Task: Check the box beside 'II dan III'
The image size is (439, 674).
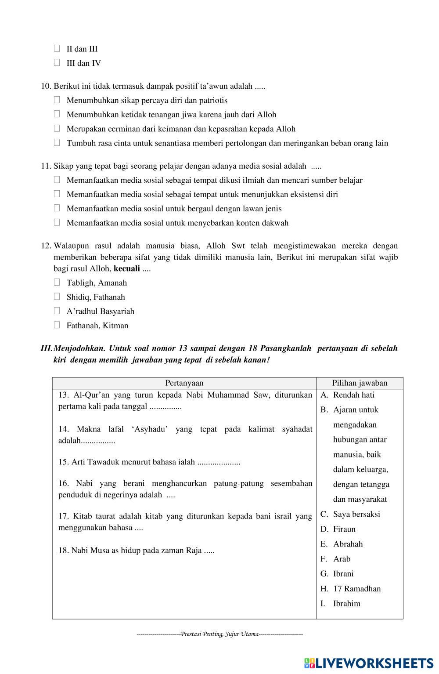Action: tap(57, 48)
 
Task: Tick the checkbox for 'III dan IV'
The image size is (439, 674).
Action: tap(57, 63)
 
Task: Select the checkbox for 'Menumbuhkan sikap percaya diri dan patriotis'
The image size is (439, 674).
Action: tap(57, 100)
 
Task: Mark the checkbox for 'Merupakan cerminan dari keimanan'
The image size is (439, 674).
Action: tap(57, 128)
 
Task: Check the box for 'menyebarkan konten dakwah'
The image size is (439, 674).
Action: tap(57, 222)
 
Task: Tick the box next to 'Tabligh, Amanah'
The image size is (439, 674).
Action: tap(57, 283)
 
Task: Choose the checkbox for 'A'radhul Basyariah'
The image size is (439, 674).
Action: tap(57, 311)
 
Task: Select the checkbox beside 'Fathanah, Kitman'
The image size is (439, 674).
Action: tap(57, 325)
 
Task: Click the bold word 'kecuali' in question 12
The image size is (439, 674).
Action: tap(127, 268)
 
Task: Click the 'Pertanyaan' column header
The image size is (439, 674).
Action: tap(184, 383)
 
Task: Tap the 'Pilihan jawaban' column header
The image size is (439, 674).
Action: tap(360, 383)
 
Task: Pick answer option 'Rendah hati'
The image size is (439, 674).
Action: tap(353, 395)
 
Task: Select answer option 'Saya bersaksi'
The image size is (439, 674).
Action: tap(356, 514)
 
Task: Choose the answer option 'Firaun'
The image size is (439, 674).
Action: tap(344, 529)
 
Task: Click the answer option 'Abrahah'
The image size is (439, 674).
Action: tap(348, 544)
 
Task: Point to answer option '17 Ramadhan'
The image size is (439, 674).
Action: tap(357, 589)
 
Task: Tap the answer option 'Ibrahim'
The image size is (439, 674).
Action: tap(346, 604)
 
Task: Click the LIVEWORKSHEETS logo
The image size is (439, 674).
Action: tap(368, 663)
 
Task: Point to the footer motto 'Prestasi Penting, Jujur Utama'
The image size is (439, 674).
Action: tap(219, 634)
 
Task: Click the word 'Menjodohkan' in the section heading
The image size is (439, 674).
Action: tap(79, 348)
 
